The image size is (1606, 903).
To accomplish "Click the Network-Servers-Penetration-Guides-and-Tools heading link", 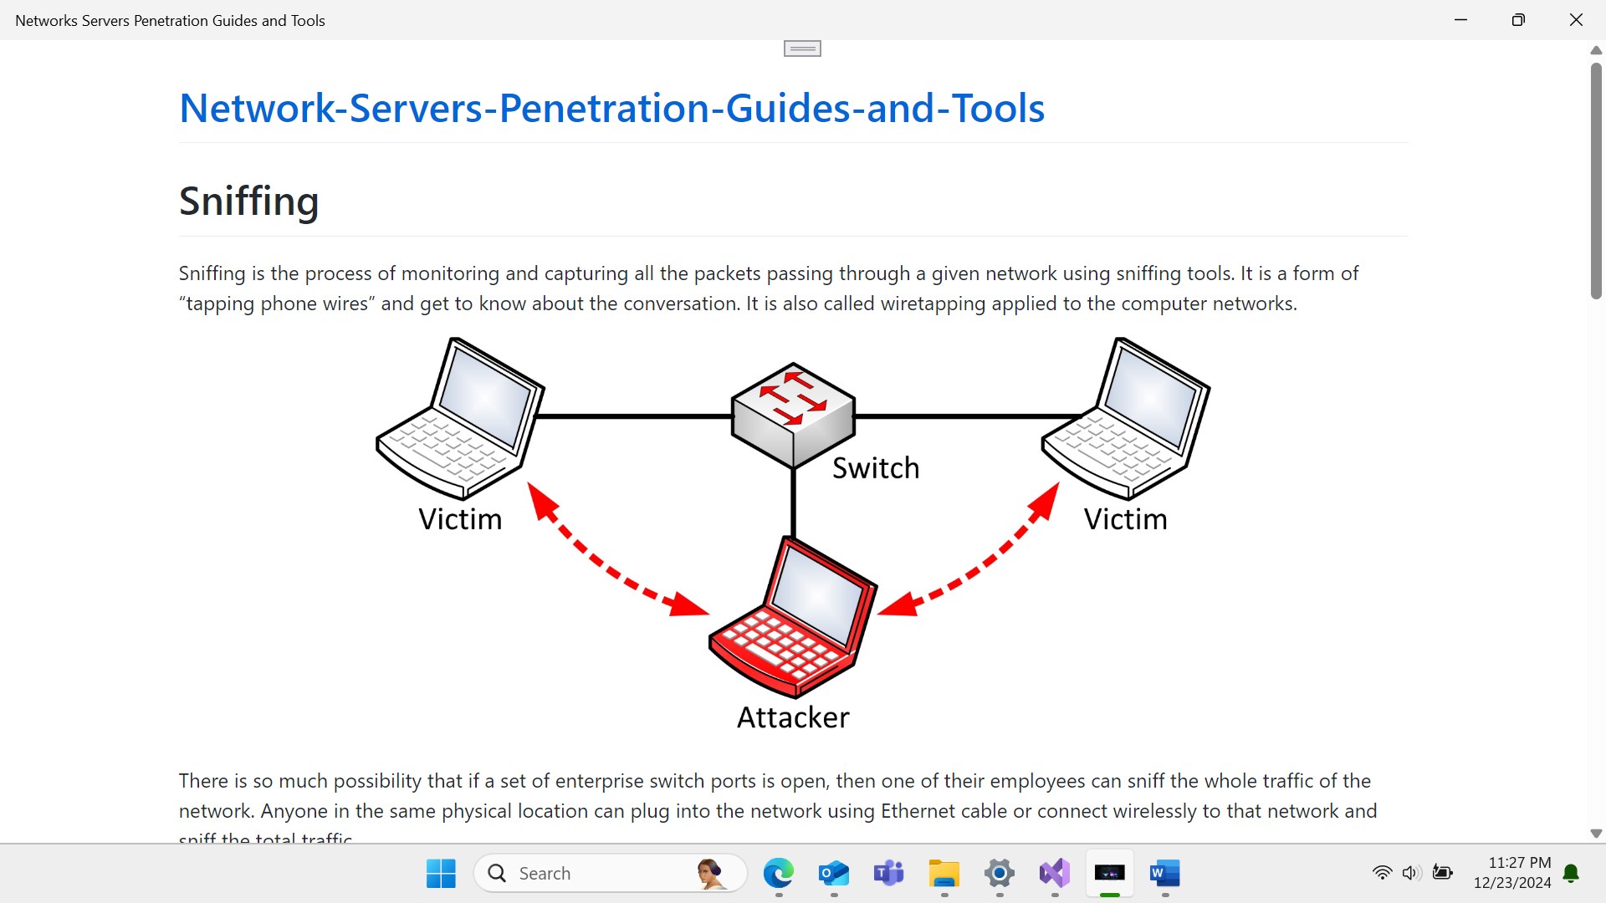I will [x=611, y=109].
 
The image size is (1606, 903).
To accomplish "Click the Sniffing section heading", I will [x=248, y=202].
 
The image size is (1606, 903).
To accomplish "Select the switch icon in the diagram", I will [x=793, y=415].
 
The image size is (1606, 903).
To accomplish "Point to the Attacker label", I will [x=793, y=717].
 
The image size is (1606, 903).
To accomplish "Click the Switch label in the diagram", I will [x=876, y=468].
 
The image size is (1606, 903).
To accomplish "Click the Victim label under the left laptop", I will [x=460, y=519].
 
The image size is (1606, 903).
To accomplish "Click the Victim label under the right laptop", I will [x=1125, y=519].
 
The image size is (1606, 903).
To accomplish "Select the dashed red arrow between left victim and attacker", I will [x=615, y=556].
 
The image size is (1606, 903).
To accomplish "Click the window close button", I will [x=1576, y=20].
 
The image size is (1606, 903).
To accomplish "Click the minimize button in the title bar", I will [x=1461, y=20].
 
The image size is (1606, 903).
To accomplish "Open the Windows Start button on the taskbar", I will [x=441, y=874].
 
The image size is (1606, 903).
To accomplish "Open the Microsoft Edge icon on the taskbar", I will [x=779, y=874].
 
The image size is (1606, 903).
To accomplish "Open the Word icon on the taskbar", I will [x=1164, y=874].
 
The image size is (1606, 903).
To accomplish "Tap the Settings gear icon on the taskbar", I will [x=1000, y=874].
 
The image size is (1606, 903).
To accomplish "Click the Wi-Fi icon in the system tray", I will [x=1382, y=874].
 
